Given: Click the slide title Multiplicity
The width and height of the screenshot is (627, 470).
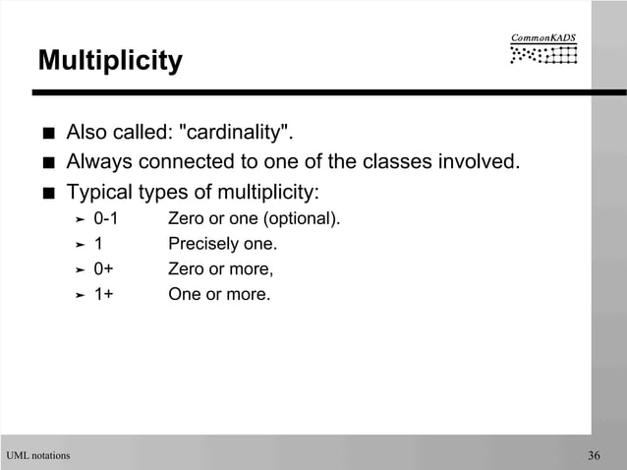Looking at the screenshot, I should [110, 61].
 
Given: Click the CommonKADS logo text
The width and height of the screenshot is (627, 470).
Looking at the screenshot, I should [543, 38].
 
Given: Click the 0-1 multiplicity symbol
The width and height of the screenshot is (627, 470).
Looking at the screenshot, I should [105, 217].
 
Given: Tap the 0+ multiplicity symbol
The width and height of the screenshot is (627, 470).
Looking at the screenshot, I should [103, 267].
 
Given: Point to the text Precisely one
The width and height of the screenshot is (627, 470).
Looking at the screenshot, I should [223, 243].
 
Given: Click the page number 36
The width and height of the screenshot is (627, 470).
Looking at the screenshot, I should [594, 455].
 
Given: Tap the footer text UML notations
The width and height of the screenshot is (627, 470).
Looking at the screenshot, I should [38, 455].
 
